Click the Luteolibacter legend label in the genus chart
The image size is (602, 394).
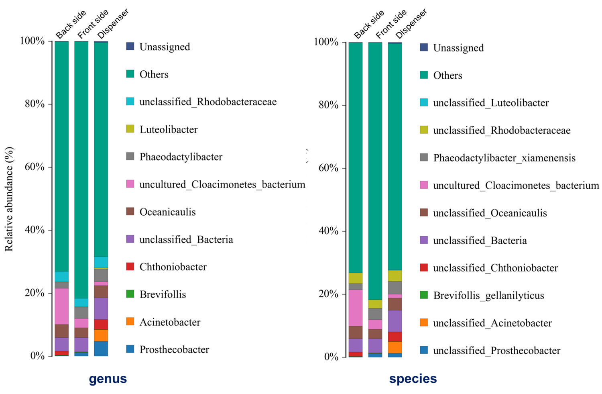tap(169, 129)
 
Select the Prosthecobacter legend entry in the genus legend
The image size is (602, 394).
tap(174, 349)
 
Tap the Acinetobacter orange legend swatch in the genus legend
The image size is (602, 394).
tap(130, 322)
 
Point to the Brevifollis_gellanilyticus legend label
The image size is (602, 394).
tap(488, 296)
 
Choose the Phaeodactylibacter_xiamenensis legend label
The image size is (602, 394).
tap(504, 158)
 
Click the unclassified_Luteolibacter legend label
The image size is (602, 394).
tap(491, 103)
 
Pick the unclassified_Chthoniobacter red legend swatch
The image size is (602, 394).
tap(424, 267)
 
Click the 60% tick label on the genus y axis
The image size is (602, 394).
tap(35, 167)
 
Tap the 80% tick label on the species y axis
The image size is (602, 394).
tap(328, 105)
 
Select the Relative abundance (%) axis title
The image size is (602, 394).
tap(9, 199)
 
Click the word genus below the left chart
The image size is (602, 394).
tap(108, 378)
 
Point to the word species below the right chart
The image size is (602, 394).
tap(413, 378)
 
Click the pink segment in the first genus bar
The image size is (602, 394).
tap(61, 306)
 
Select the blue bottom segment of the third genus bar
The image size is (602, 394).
tap(101, 349)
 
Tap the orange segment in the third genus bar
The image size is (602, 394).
tap(101, 335)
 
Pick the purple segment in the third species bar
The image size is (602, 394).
tap(395, 321)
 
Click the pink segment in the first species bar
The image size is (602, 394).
tap(356, 308)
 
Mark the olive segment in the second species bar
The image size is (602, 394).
tap(375, 304)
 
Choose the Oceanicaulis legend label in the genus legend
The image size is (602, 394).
tap(167, 212)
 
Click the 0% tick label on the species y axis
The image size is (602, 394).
tap(331, 357)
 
